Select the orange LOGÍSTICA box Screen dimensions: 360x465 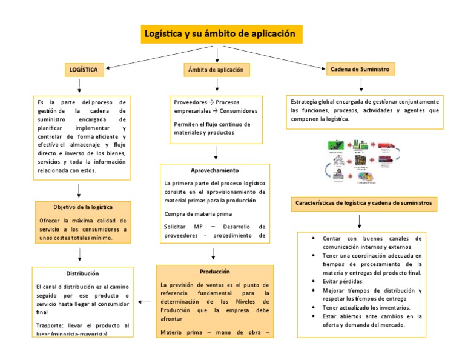click(85, 70)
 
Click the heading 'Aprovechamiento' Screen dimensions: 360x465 click(214, 170)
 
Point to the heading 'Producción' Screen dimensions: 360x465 click(214, 271)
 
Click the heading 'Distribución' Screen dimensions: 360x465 click(82, 273)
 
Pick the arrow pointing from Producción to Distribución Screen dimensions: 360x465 click(145, 301)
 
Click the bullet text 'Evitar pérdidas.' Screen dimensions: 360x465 click(343, 282)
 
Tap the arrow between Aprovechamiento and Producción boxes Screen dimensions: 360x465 click(213, 253)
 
